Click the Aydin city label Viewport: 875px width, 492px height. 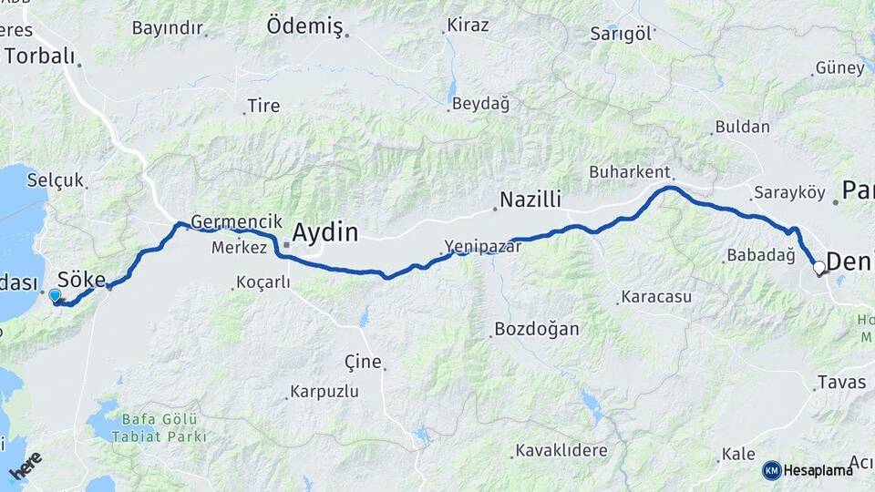(324, 232)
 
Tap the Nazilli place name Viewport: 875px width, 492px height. (530, 200)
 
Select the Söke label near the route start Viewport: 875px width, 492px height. (81, 279)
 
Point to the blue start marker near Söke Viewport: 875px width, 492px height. (55, 295)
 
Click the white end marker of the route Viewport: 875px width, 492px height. (818, 268)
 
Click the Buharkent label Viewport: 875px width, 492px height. (630, 171)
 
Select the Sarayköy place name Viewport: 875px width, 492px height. (789, 193)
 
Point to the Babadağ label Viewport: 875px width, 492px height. (761, 255)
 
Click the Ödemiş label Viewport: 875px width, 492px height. (304, 26)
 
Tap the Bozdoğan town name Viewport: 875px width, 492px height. (536, 329)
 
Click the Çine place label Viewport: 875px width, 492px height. (363, 361)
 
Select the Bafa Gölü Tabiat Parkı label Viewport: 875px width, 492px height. (160, 427)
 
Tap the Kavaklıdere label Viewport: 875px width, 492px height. (561, 450)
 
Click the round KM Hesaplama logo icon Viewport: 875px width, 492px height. (771, 470)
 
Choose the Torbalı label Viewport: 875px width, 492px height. (39, 56)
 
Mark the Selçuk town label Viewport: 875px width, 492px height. (55, 179)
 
